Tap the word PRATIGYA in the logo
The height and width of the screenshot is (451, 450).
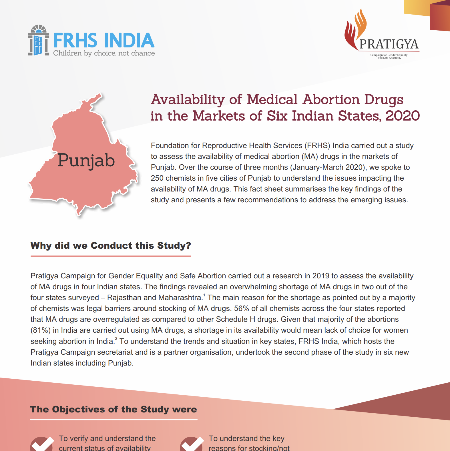pyautogui.click(x=389, y=44)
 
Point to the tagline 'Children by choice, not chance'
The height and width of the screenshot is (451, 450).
pyautogui.click(x=104, y=53)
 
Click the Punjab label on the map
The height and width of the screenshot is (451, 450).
pyautogui.click(x=86, y=160)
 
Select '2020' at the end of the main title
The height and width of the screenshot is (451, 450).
pyautogui.click(x=403, y=116)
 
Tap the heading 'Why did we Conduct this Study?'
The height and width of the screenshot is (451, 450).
pyautogui.click(x=111, y=246)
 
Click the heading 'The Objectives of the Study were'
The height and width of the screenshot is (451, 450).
pyautogui.click(x=114, y=409)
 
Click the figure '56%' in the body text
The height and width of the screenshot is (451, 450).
pyautogui.click(x=242, y=308)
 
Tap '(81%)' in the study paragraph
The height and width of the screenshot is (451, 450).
pyautogui.click(x=41, y=330)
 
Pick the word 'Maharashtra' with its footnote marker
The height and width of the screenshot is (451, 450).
pyautogui.click(x=181, y=298)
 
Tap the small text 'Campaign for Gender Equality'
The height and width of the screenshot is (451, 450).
pyautogui.click(x=389, y=55)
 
